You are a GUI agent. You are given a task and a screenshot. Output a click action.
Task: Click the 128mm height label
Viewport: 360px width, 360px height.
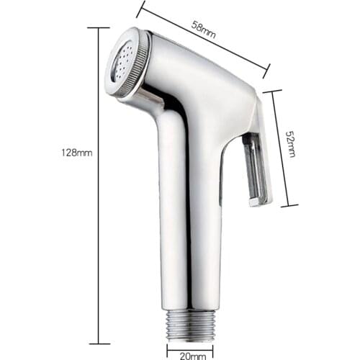click(x=77, y=153)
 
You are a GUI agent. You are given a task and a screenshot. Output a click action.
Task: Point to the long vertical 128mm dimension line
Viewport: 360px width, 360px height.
click(x=99, y=216)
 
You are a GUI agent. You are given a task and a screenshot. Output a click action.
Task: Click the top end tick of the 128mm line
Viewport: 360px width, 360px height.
click(x=99, y=27)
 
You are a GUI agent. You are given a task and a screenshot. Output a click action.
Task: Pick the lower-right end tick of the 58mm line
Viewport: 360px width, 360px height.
click(x=268, y=71)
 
